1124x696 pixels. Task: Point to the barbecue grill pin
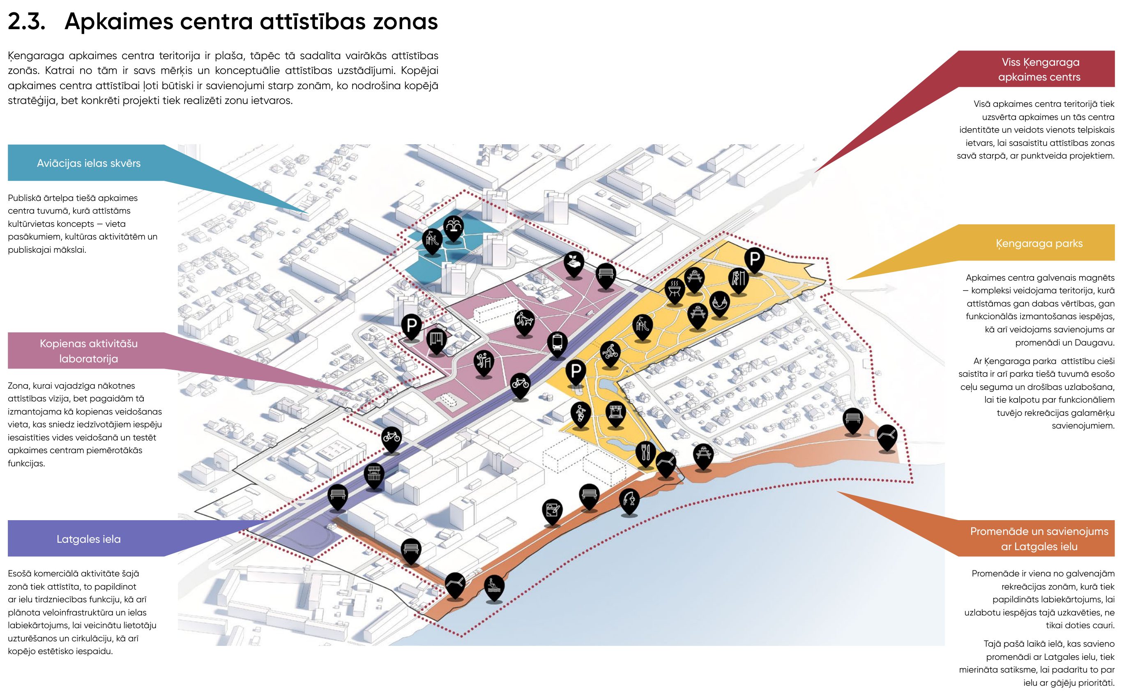pyautogui.click(x=675, y=289)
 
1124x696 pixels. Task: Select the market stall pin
pyautogui.click(x=374, y=474)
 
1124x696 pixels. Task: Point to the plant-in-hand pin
pyautogui.click(x=574, y=263)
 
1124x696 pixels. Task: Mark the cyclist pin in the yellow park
pyautogui.click(x=610, y=352)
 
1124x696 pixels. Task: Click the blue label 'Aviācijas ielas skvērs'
pyautogui.click(x=88, y=163)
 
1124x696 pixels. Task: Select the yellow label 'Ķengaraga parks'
pyautogui.click(x=1039, y=243)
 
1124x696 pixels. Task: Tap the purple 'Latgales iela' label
pyautogui.click(x=88, y=539)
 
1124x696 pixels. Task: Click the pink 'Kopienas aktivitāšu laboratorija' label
pyautogui.click(x=88, y=351)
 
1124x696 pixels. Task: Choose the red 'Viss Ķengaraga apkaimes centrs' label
pyautogui.click(x=1039, y=69)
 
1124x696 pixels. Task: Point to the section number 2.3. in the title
pyautogui.click(x=27, y=22)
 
